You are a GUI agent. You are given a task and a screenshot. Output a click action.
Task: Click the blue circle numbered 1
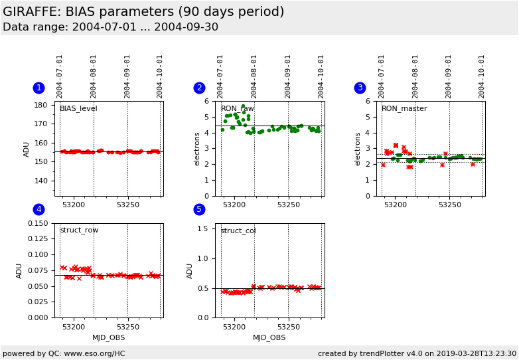[x=38, y=88]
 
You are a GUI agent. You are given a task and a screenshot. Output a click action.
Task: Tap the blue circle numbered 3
[x=360, y=88]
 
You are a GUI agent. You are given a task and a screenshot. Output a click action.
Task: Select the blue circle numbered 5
[x=199, y=209]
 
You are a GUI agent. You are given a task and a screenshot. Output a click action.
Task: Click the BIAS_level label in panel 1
[x=78, y=109]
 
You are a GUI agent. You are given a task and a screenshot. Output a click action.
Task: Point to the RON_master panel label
[x=404, y=109]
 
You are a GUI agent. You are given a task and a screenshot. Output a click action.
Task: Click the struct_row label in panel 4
[x=79, y=230]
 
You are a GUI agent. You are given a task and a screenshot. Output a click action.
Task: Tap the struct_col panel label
[x=238, y=230]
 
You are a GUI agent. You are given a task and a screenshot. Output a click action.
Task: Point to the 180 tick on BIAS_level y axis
[x=40, y=105]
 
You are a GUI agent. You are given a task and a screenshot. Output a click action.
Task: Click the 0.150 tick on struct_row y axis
[x=38, y=223]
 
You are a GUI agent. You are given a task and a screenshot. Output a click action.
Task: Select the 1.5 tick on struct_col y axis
[x=202, y=228]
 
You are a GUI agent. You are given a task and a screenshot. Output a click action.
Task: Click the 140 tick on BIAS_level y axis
[x=40, y=181]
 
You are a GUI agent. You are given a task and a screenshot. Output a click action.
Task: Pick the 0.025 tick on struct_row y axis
[x=38, y=302]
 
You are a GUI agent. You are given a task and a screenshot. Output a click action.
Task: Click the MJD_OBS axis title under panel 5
[x=269, y=337]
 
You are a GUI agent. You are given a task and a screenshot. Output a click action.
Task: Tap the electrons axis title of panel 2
[x=197, y=149]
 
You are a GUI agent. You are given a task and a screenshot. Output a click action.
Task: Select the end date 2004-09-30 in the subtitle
[x=186, y=27]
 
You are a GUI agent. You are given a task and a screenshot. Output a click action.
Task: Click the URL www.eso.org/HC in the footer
[x=94, y=353]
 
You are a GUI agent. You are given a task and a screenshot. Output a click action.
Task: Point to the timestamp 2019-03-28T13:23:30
[x=476, y=353]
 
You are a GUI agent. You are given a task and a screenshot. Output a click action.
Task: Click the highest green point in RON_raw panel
[x=243, y=106]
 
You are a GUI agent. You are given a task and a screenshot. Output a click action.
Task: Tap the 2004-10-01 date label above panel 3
[x=481, y=77]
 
